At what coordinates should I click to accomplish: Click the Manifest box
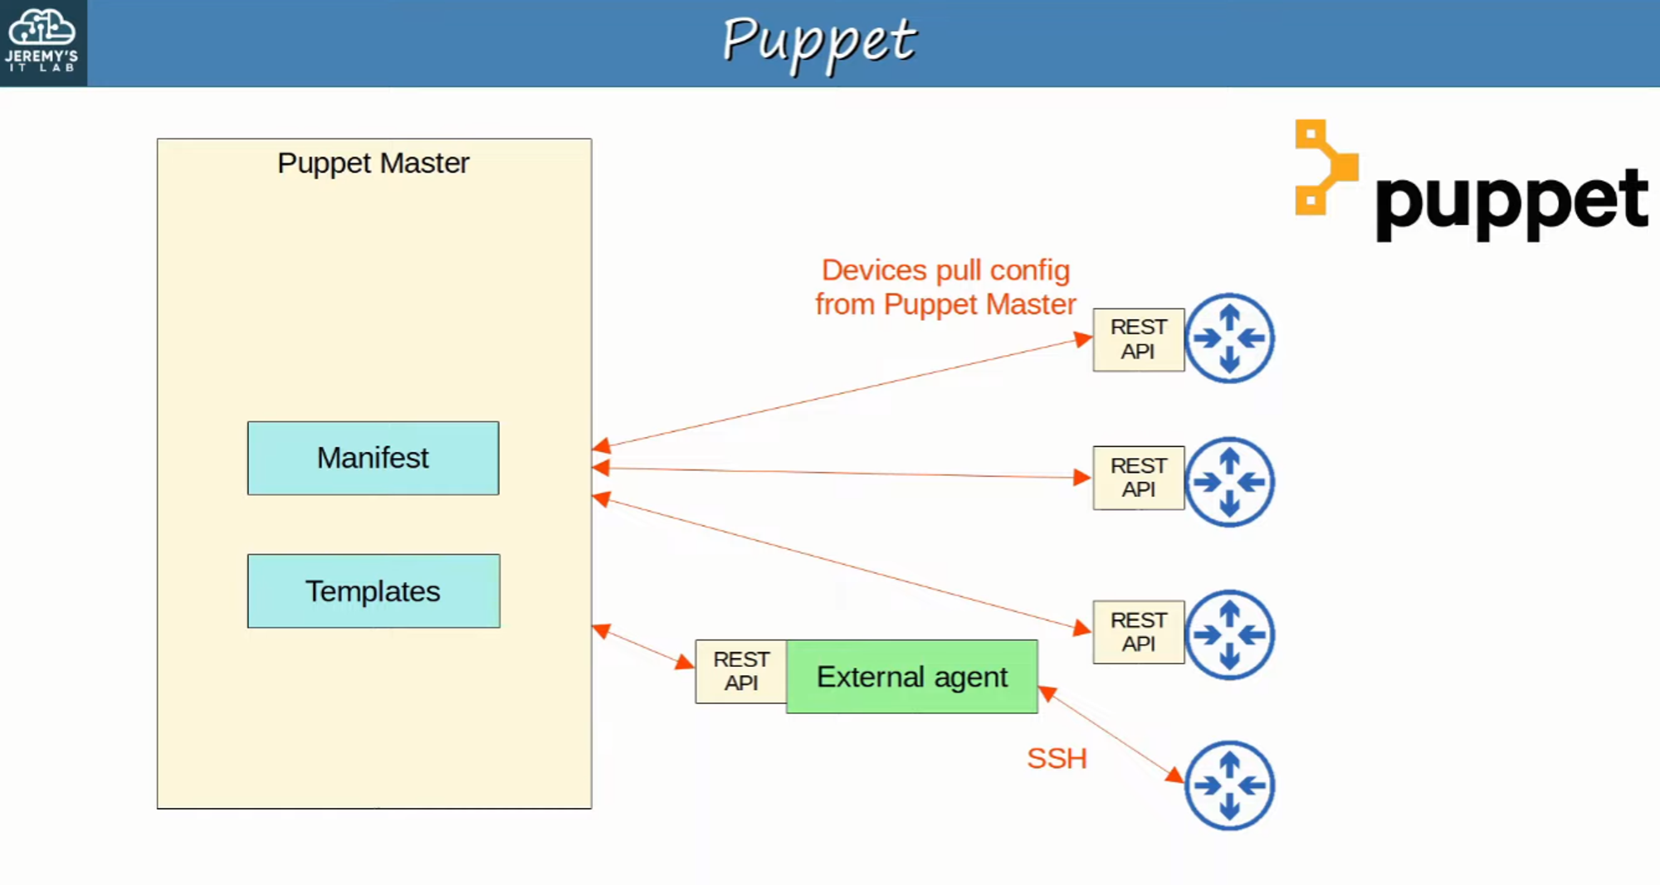(373, 458)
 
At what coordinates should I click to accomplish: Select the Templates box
(373, 591)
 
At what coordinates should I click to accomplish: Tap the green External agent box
(911, 676)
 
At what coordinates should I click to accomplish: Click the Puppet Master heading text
(373, 163)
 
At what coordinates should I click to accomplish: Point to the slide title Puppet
(818, 41)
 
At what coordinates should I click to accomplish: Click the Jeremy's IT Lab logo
(42, 42)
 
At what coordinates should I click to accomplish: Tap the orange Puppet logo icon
(1326, 167)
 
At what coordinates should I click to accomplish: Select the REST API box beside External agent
(740, 671)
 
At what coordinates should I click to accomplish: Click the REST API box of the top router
(1138, 339)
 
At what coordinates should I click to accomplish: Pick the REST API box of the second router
(1138, 477)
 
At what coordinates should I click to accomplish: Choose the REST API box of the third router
(1138, 631)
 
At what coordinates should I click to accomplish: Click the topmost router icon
(1229, 338)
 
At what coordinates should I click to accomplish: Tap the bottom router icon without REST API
(1229, 785)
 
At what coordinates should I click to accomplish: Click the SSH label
(1056, 758)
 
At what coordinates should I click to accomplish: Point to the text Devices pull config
(945, 270)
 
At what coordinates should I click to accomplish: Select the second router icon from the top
(1229, 481)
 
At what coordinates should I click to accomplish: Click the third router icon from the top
(1229, 635)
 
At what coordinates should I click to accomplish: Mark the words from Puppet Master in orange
(945, 304)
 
